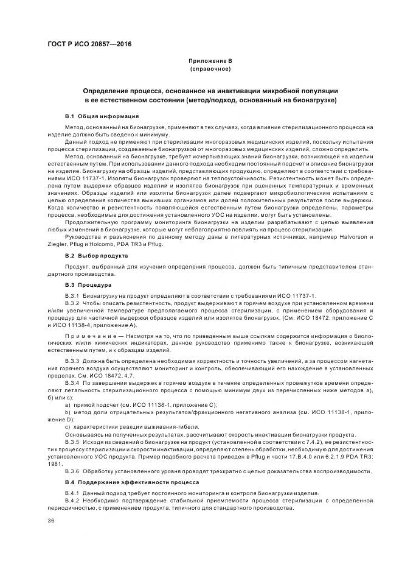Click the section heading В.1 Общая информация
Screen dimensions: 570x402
pyautogui.click(x=102, y=115)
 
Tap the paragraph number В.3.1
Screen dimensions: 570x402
pyautogui.click(x=73, y=295)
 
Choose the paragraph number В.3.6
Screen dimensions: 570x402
pyautogui.click(x=73, y=471)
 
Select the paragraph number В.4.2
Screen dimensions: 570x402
pyautogui.click(x=73, y=501)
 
